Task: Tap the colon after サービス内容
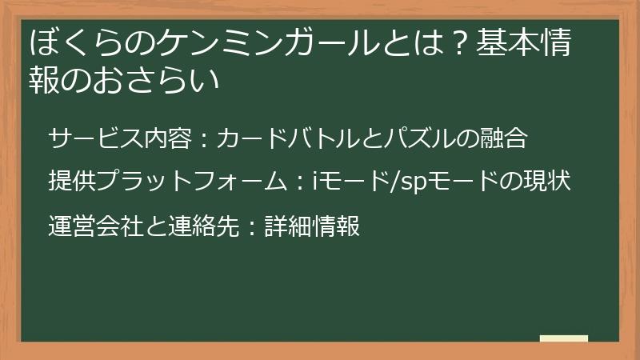(203, 140)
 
